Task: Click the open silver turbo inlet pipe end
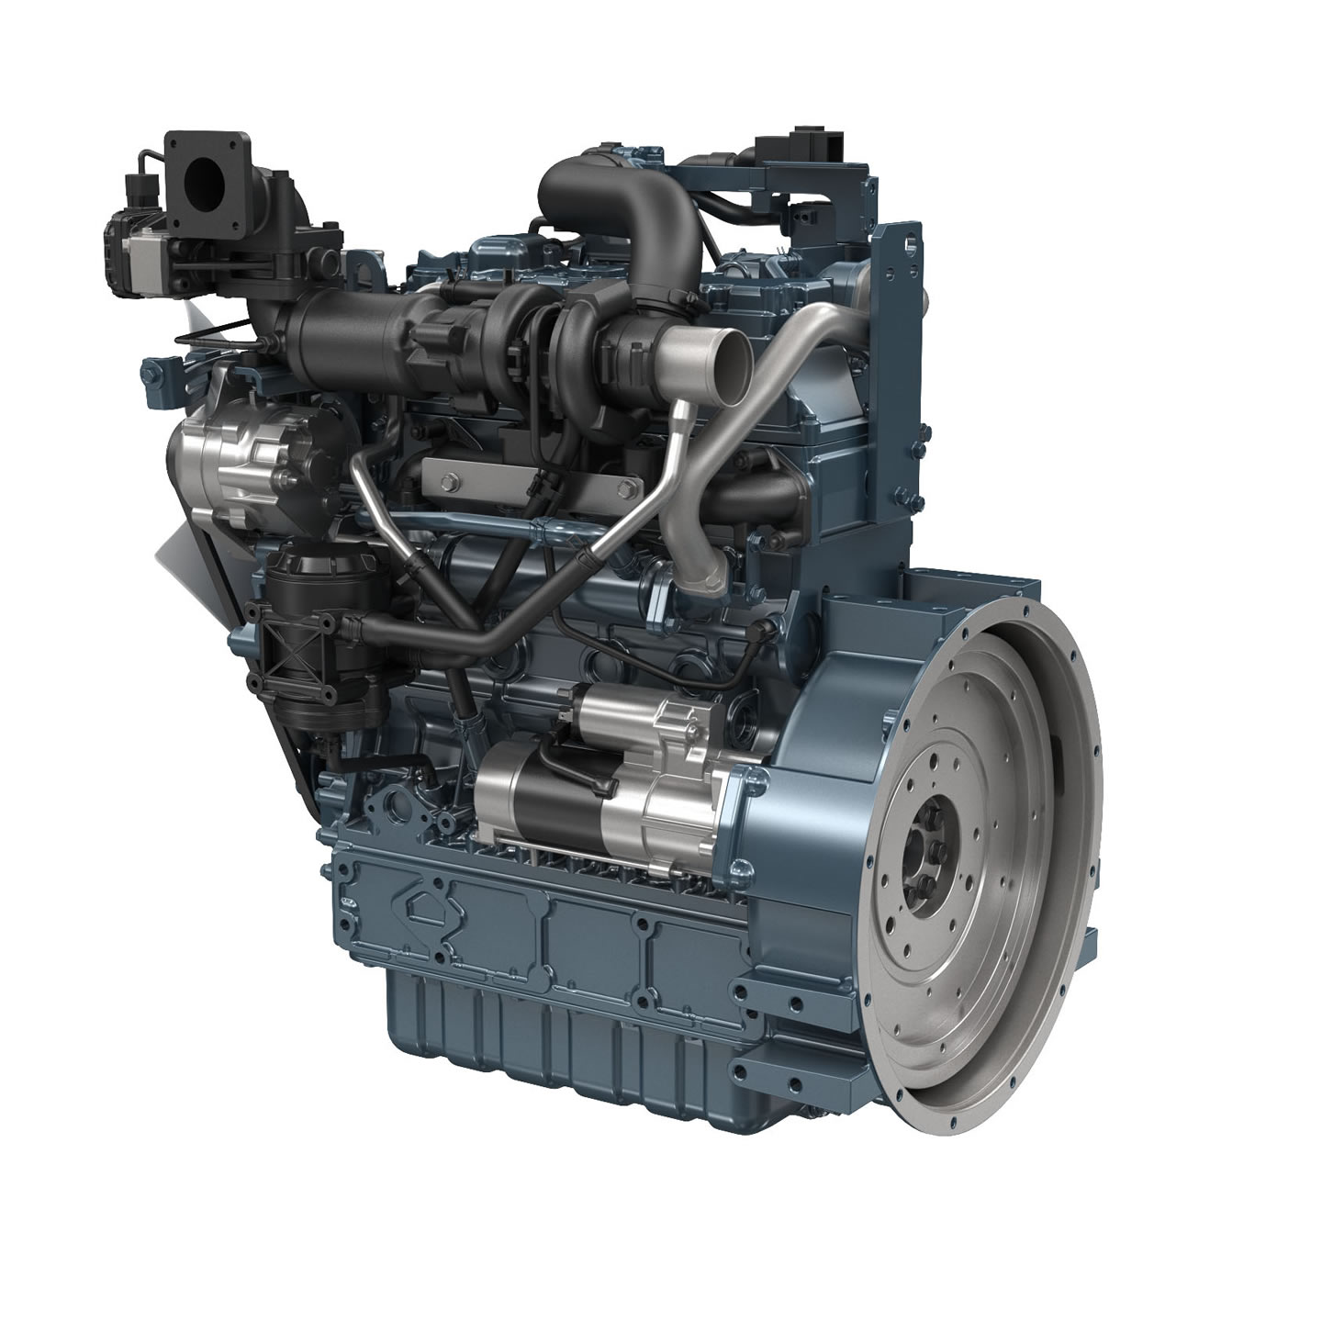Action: pos(710,350)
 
